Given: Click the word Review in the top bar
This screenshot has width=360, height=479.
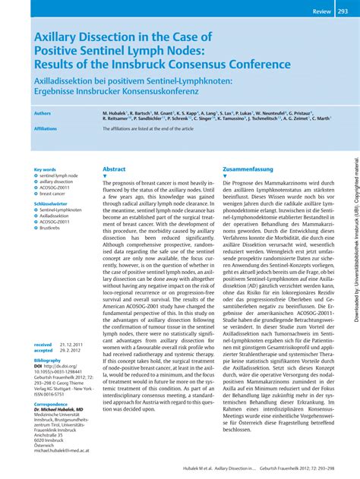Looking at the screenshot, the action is coord(322,11).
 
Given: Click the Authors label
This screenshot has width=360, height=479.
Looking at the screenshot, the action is coord(43,112).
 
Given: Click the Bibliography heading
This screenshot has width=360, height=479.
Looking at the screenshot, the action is coord(47,361).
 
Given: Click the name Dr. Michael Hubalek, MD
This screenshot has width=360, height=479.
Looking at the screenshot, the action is coord(58,409).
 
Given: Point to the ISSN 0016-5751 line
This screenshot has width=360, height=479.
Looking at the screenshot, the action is coord(54,394).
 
